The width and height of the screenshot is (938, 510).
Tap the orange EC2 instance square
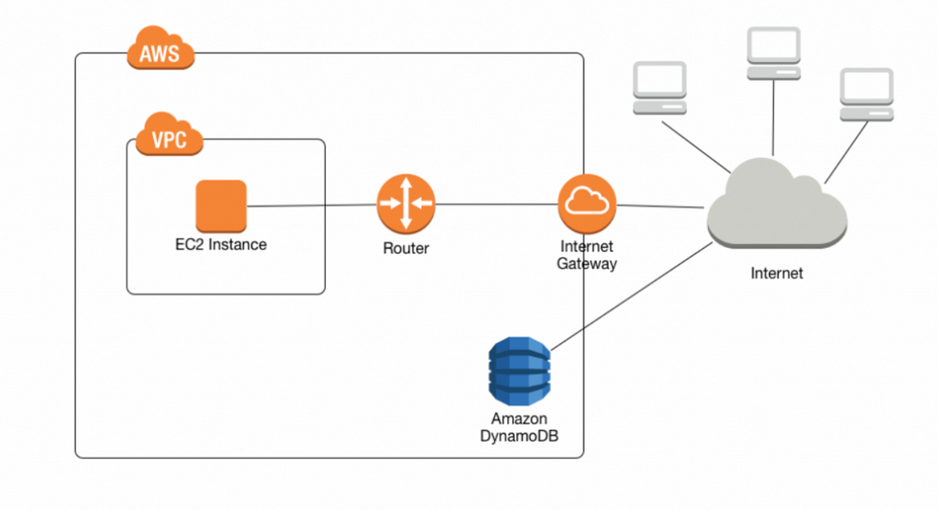point(220,207)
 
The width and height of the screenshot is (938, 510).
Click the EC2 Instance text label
point(220,245)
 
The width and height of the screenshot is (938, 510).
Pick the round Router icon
point(406,204)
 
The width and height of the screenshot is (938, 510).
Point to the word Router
point(406,249)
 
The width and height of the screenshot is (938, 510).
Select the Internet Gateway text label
point(586,256)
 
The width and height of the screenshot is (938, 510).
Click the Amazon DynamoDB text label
point(519,426)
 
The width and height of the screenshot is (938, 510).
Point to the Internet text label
point(776,274)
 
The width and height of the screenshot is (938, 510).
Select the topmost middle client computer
point(773,53)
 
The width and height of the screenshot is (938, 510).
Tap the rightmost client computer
point(866,95)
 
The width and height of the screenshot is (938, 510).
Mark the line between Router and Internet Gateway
point(496,205)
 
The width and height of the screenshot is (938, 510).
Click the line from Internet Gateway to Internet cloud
point(661,207)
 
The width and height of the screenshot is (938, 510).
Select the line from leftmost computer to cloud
point(696,145)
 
